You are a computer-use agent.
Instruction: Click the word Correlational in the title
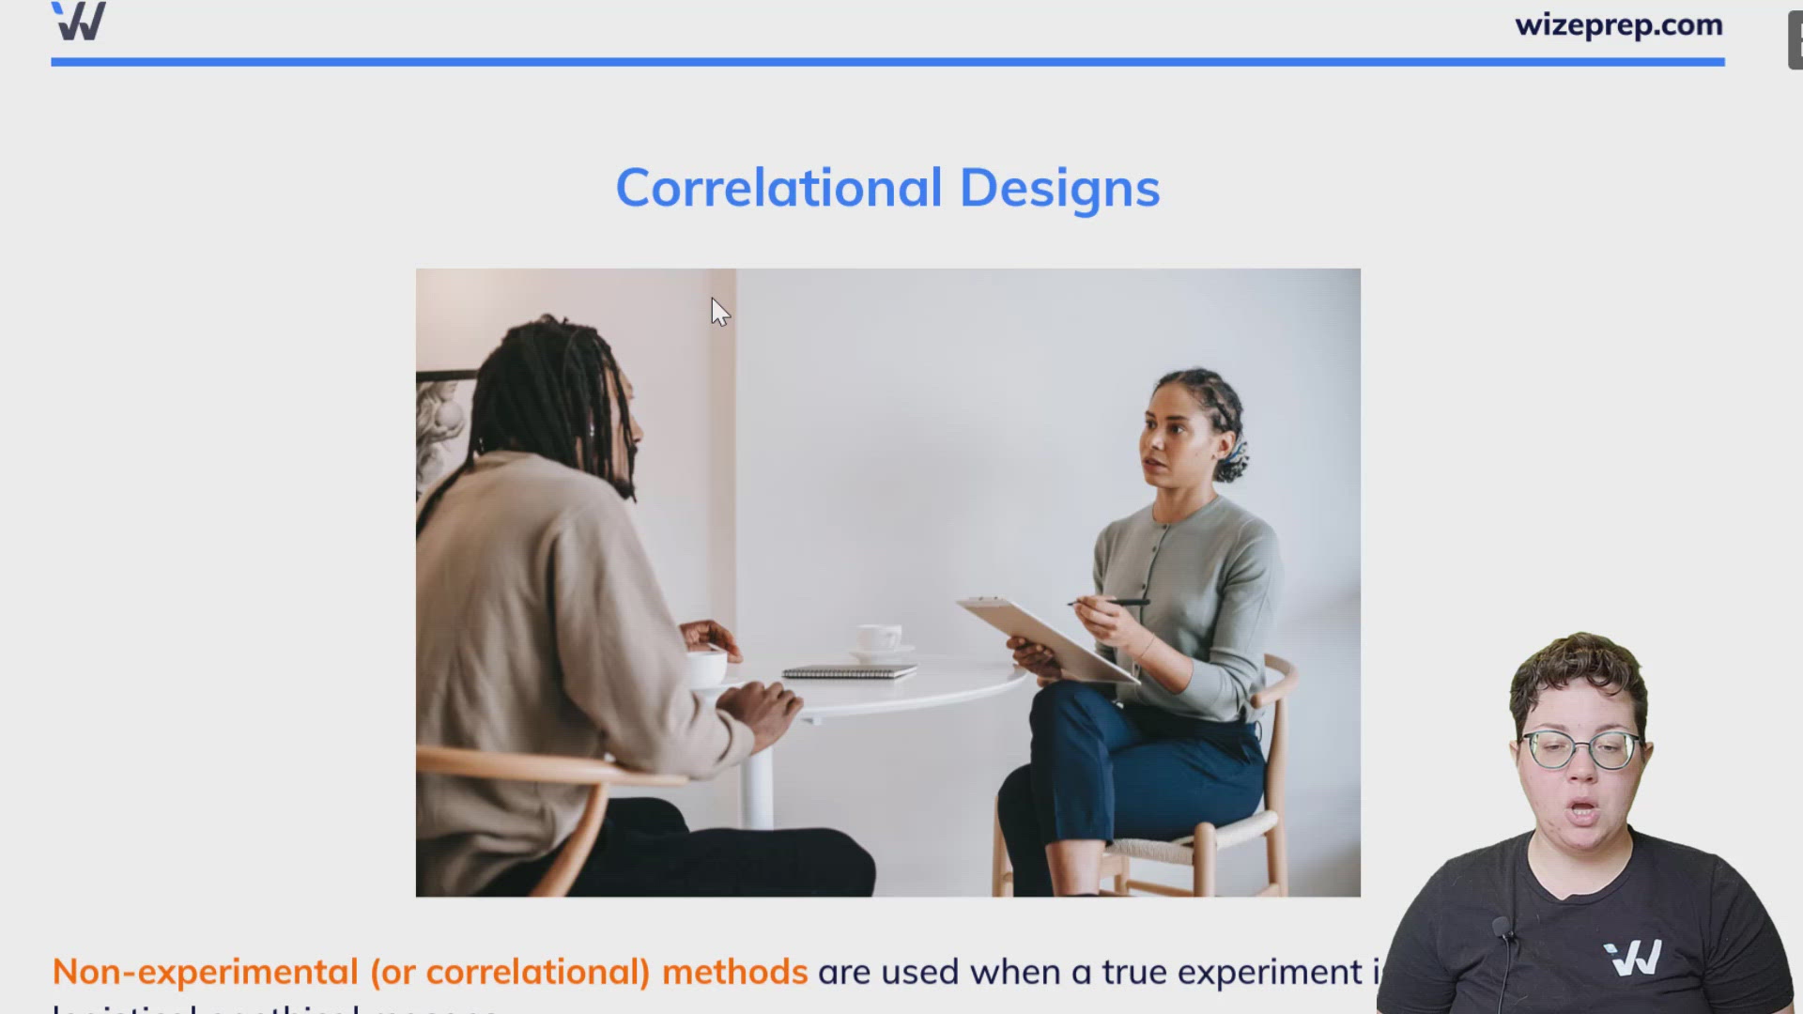pyautogui.click(x=778, y=188)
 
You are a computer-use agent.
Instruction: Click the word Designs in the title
pyautogui.click(x=1059, y=190)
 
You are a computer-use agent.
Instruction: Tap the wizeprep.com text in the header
pyautogui.click(x=1618, y=25)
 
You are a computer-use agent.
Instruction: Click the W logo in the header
pyautogui.click(x=79, y=21)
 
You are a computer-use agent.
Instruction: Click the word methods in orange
pyautogui.click(x=734, y=972)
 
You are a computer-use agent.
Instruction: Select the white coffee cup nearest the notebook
pyautogui.click(x=879, y=638)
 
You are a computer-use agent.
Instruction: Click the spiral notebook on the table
pyautogui.click(x=849, y=671)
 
